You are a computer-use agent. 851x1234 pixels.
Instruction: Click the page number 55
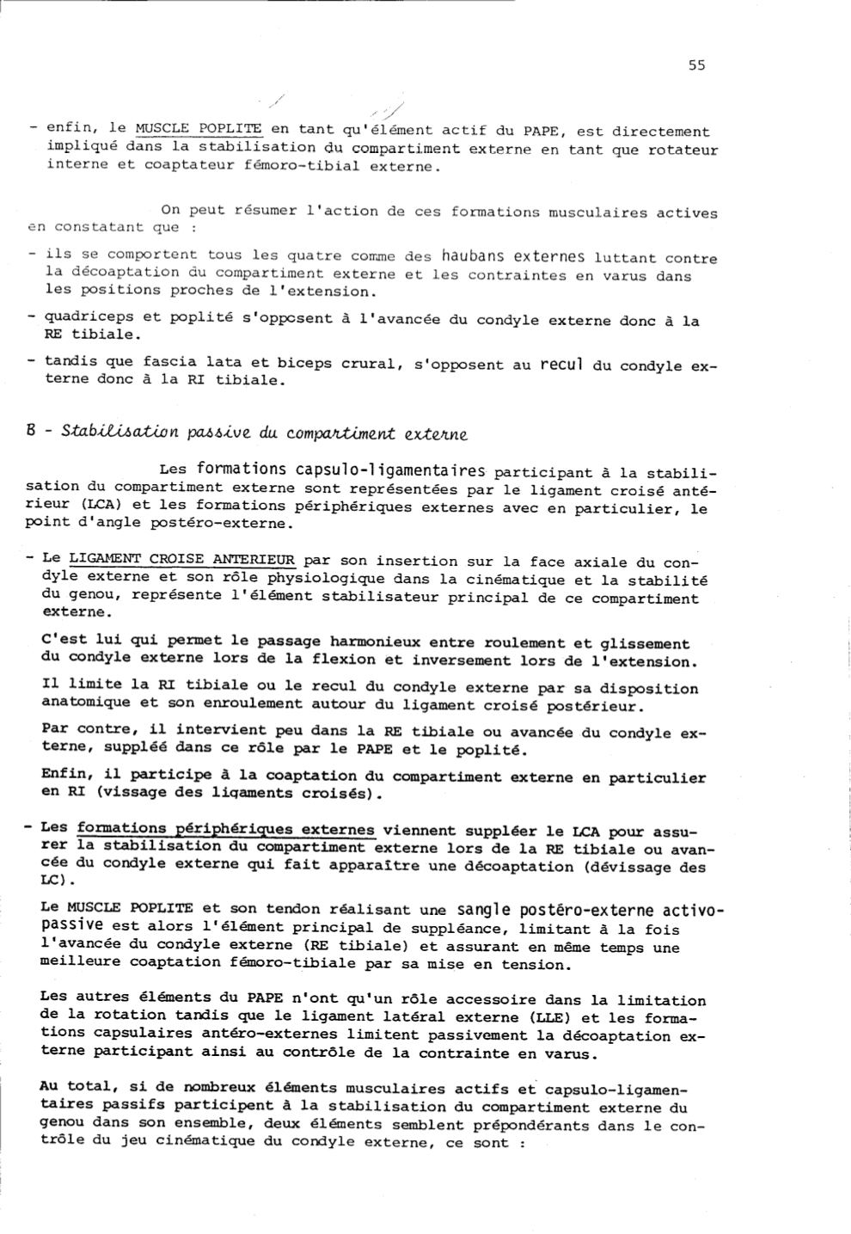pos(696,65)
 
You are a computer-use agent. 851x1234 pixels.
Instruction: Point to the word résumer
pos(242,211)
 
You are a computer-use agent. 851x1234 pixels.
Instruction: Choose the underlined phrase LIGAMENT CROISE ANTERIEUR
pos(181,559)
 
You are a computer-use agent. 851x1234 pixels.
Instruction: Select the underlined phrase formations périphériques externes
pos(225,830)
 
